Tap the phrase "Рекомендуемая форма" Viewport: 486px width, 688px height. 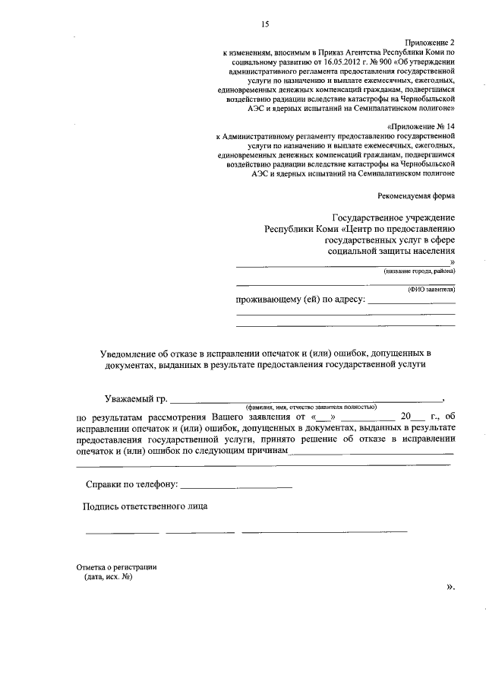click(x=418, y=195)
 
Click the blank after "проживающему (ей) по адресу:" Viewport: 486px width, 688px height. click(x=411, y=302)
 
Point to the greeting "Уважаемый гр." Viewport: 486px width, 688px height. click(x=135, y=398)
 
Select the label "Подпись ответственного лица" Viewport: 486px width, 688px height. click(x=145, y=507)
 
